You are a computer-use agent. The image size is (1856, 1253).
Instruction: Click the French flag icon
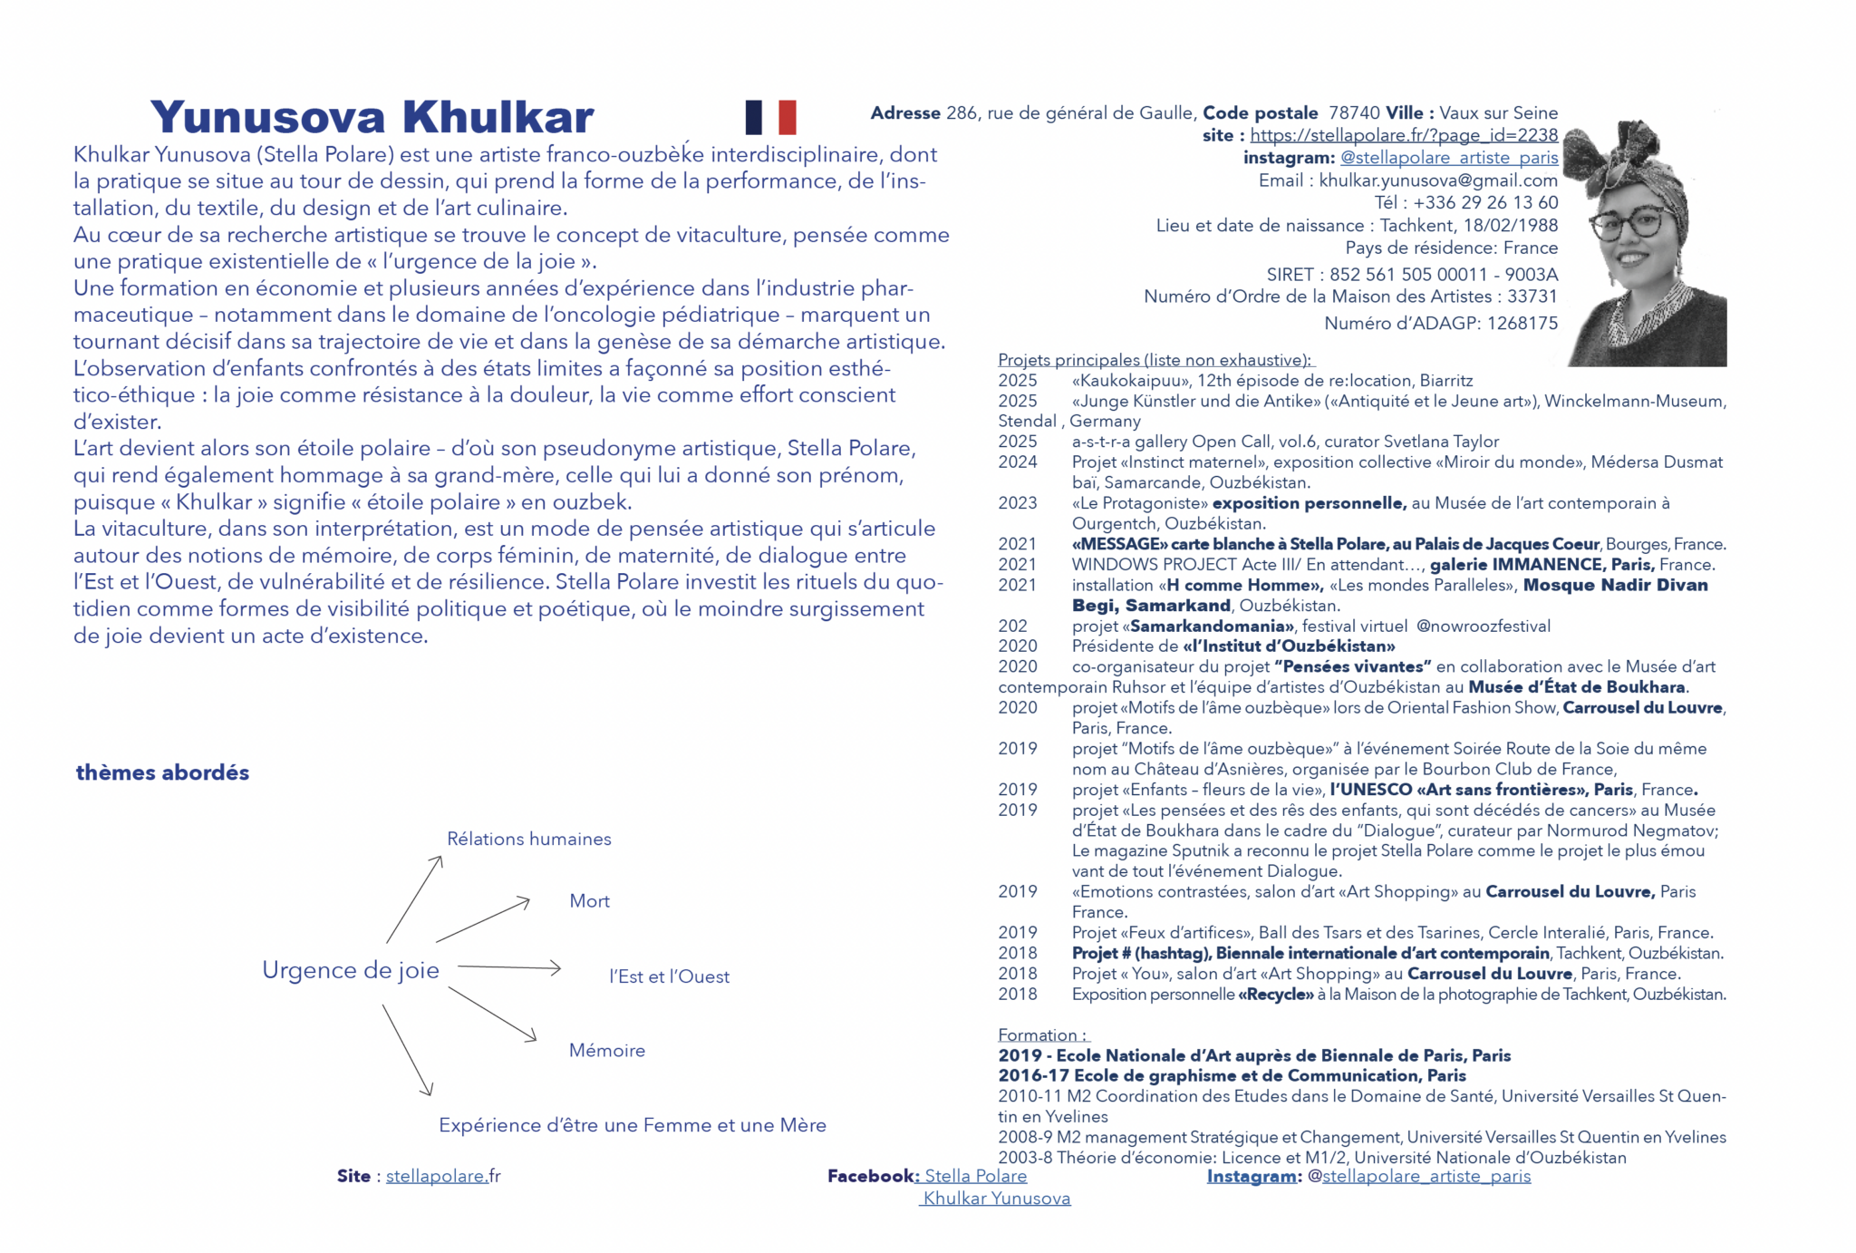coord(770,117)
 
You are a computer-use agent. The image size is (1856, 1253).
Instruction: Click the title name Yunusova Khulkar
coord(372,117)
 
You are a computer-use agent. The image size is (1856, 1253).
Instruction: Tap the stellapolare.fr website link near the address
coord(1404,135)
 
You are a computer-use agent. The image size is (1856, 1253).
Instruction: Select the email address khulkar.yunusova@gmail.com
coord(1438,180)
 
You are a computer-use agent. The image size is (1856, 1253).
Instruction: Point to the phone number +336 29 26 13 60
coord(1484,203)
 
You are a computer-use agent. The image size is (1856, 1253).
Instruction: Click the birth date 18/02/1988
coord(1510,226)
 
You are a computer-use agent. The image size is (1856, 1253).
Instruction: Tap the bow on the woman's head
coord(1627,154)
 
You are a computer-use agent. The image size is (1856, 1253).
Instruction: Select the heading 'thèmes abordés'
coord(162,772)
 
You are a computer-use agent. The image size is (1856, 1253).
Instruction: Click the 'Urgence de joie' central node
coord(351,970)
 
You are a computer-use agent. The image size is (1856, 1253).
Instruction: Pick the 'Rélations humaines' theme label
coord(529,839)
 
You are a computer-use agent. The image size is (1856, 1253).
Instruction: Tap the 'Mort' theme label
coord(589,901)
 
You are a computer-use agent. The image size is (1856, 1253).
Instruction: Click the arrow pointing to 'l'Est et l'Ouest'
coord(509,967)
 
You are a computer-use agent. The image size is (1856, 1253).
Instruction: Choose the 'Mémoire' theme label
coord(607,1050)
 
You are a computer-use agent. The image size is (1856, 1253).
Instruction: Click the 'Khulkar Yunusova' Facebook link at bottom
coord(997,1199)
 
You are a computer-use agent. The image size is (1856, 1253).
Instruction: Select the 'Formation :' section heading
coord(1042,1035)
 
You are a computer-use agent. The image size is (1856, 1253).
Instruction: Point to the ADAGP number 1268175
coord(1521,324)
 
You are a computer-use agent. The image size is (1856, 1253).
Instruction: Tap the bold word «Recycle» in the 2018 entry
coord(1275,995)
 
